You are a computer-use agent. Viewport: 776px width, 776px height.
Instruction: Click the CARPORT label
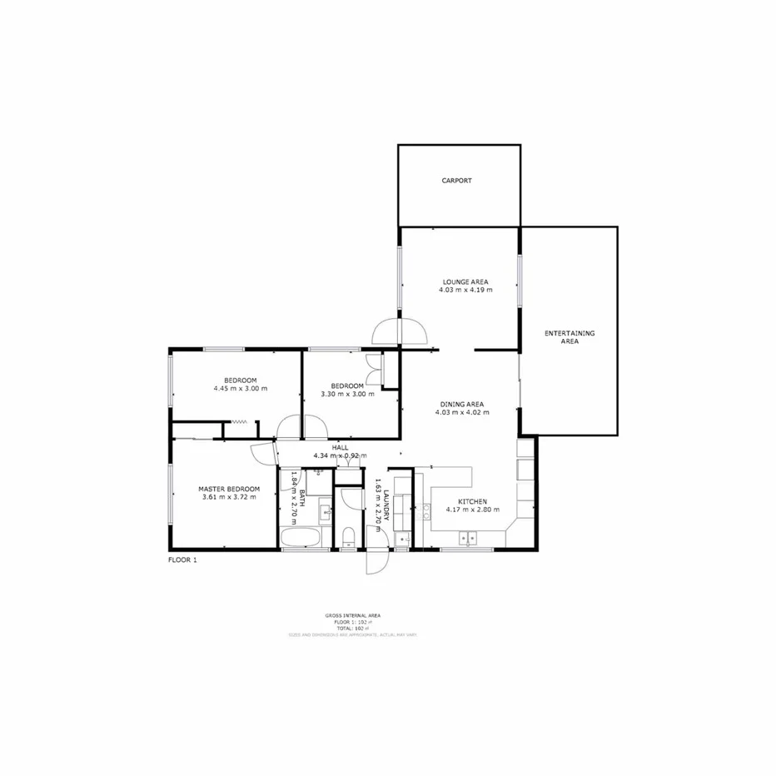point(456,180)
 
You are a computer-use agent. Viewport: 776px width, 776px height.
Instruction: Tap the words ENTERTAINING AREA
point(570,337)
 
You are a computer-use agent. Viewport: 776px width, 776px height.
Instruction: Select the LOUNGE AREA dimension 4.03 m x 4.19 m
point(465,291)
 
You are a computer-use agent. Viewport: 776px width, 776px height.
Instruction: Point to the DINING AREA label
point(462,405)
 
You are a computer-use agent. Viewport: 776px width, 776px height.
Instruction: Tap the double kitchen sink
point(469,537)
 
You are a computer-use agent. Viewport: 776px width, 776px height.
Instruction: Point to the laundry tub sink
point(404,540)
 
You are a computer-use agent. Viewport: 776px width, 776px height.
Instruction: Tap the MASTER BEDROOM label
point(228,489)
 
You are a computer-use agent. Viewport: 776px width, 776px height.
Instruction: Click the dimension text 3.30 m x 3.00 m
point(347,394)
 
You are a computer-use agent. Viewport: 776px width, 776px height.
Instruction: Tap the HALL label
point(340,448)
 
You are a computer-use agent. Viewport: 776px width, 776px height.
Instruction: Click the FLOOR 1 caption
point(182,560)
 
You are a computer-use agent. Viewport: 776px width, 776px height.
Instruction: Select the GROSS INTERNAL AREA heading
point(353,615)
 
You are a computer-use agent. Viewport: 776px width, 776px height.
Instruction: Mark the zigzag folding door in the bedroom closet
point(241,422)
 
